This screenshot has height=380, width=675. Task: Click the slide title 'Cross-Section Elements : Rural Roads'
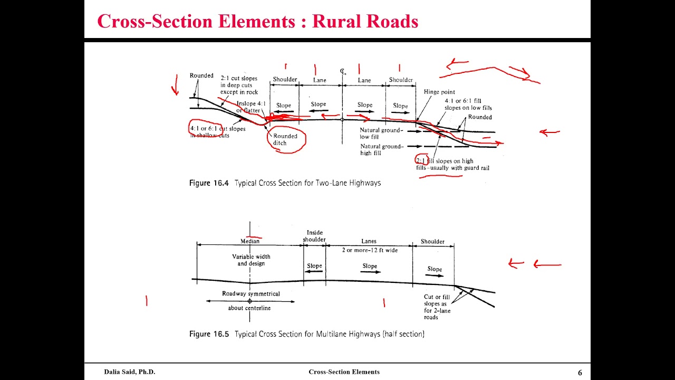(x=257, y=21)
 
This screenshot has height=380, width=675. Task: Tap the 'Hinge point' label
(x=439, y=92)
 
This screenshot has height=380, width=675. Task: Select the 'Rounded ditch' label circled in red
(x=285, y=139)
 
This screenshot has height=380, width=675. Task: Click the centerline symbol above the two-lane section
(x=343, y=71)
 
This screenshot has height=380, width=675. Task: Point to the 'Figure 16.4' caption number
(x=209, y=183)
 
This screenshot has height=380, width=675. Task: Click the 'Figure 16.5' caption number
(x=209, y=334)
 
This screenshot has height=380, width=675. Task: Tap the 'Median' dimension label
(x=250, y=241)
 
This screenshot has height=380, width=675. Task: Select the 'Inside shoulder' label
(x=314, y=236)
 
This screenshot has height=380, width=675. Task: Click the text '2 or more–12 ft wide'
(x=370, y=250)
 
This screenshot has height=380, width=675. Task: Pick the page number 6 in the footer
(x=580, y=373)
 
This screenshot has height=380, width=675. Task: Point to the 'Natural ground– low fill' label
(x=381, y=133)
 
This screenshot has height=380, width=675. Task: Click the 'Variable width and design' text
(x=251, y=260)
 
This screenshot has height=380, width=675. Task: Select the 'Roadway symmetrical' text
(x=251, y=293)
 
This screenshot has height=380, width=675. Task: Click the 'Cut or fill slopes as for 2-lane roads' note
(x=438, y=307)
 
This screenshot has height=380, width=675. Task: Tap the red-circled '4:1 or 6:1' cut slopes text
(x=204, y=129)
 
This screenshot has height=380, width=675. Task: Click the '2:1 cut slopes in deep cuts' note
(x=239, y=85)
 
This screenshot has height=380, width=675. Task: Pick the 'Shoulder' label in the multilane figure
(x=432, y=242)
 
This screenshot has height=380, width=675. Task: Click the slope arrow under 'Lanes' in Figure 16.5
(x=370, y=272)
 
